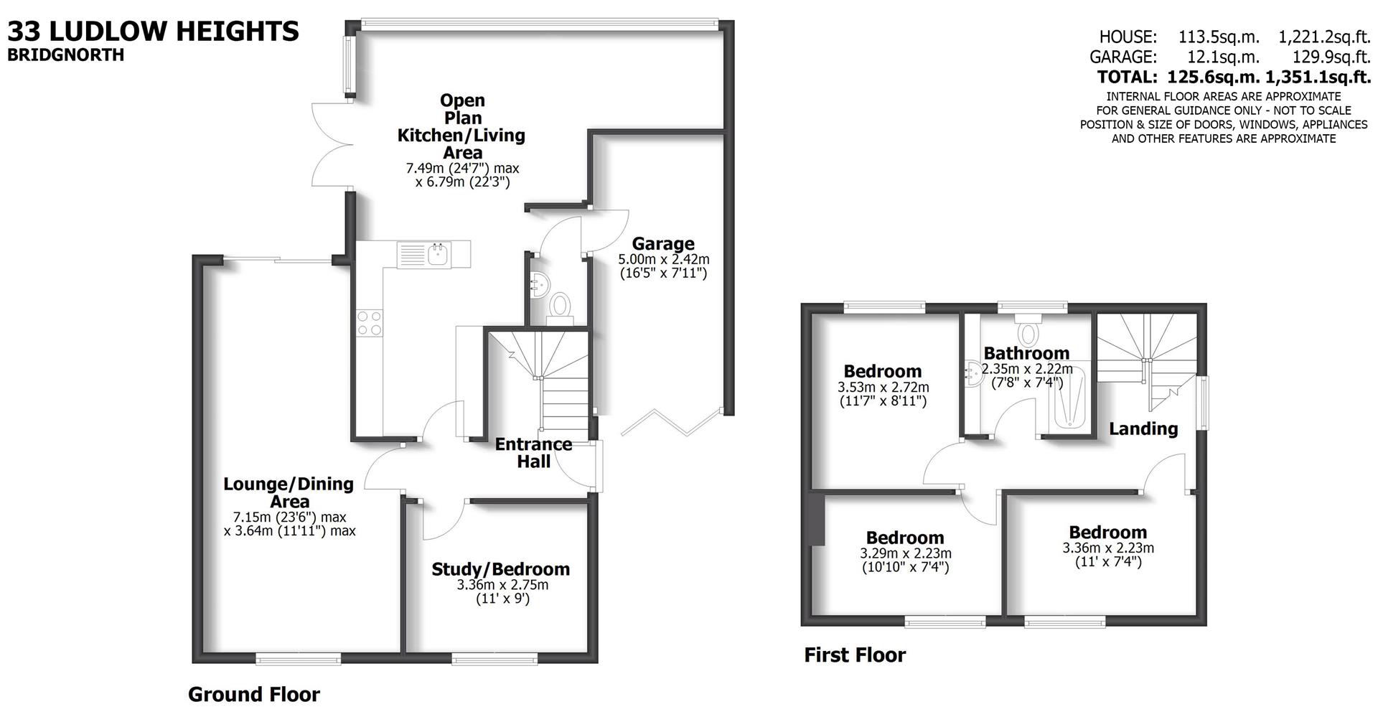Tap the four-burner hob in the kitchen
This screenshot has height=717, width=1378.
point(369,322)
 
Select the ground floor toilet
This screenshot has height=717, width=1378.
point(559,306)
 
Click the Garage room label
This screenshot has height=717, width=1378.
point(662,244)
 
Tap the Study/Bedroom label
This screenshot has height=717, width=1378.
point(500,569)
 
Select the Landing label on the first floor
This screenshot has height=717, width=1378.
point(1143,429)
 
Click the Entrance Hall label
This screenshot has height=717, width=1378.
point(533,453)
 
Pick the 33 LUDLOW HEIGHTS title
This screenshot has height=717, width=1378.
point(153,31)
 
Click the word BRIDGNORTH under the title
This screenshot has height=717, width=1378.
point(65,55)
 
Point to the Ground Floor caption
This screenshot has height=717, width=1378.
point(253,694)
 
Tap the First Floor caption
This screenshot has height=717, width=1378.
point(855,655)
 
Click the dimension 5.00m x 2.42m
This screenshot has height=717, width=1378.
point(663,259)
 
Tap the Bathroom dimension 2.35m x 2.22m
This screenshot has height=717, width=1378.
point(1027,369)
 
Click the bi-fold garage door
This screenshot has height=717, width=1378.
point(672,422)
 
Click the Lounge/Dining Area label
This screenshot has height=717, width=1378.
point(289,492)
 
